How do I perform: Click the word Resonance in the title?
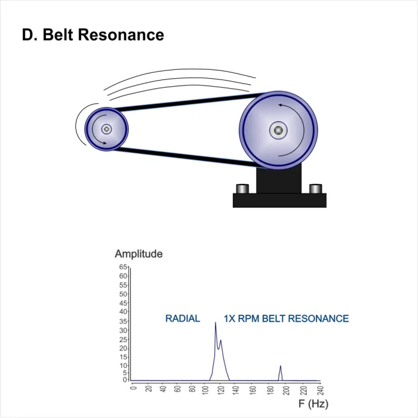click(121, 35)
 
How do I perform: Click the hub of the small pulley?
click(107, 130)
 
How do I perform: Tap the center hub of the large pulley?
click(278, 130)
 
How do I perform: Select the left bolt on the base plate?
click(242, 189)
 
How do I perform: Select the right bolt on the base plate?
click(316, 189)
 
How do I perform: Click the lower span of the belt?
click(186, 157)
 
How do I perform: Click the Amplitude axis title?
click(139, 254)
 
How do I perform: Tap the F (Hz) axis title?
click(314, 404)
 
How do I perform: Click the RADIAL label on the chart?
click(183, 318)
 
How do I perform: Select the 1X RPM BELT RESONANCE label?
click(286, 318)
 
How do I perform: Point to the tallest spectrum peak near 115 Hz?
click(216, 323)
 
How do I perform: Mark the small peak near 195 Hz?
click(280, 366)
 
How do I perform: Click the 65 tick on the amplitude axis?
click(123, 267)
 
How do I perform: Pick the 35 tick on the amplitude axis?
click(123, 321)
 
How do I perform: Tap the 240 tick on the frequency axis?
click(321, 391)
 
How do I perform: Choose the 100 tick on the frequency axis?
click(205, 391)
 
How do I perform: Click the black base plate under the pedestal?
click(279, 201)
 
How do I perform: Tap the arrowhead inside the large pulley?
click(281, 105)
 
